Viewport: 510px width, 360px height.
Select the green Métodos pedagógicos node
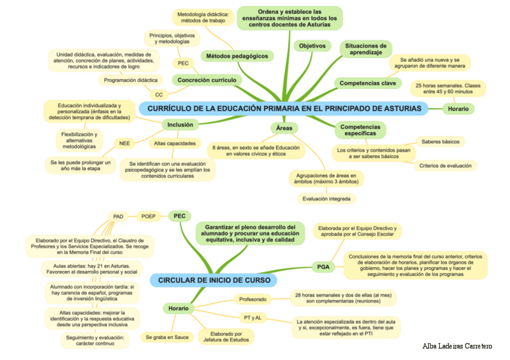pyautogui.click(x=236, y=56)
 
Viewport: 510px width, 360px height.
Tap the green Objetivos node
pyautogui.click(x=312, y=46)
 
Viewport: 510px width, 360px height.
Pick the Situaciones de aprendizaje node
pyautogui.click(x=366, y=49)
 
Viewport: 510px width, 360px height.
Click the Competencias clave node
pyautogui.click(x=367, y=83)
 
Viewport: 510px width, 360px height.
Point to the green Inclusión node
pyautogui.click(x=180, y=125)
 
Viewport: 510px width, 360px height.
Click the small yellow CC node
pyautogui.click(x=159, y=94)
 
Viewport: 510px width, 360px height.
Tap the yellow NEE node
pyautogui.click(x=124, y=144)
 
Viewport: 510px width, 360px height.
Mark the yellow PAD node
pyautogui.click(x=117, y=216)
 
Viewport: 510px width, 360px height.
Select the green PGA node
pyautogui.click(x=322, y=267)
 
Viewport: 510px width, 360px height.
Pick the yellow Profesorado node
pyautogui.click(x=253, y=299)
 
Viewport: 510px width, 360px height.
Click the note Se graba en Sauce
pyautogui.click(x=167, y=337)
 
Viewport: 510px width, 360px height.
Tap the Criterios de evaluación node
pyautogui.click(x=444, y=165)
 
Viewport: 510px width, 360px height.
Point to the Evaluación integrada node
pyautogui.click(x=325, y=198)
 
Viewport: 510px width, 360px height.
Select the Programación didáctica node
pyautogui.click(x=131, y=80)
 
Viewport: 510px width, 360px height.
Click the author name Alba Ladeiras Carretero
pyautogui.click(x=458, y=346)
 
